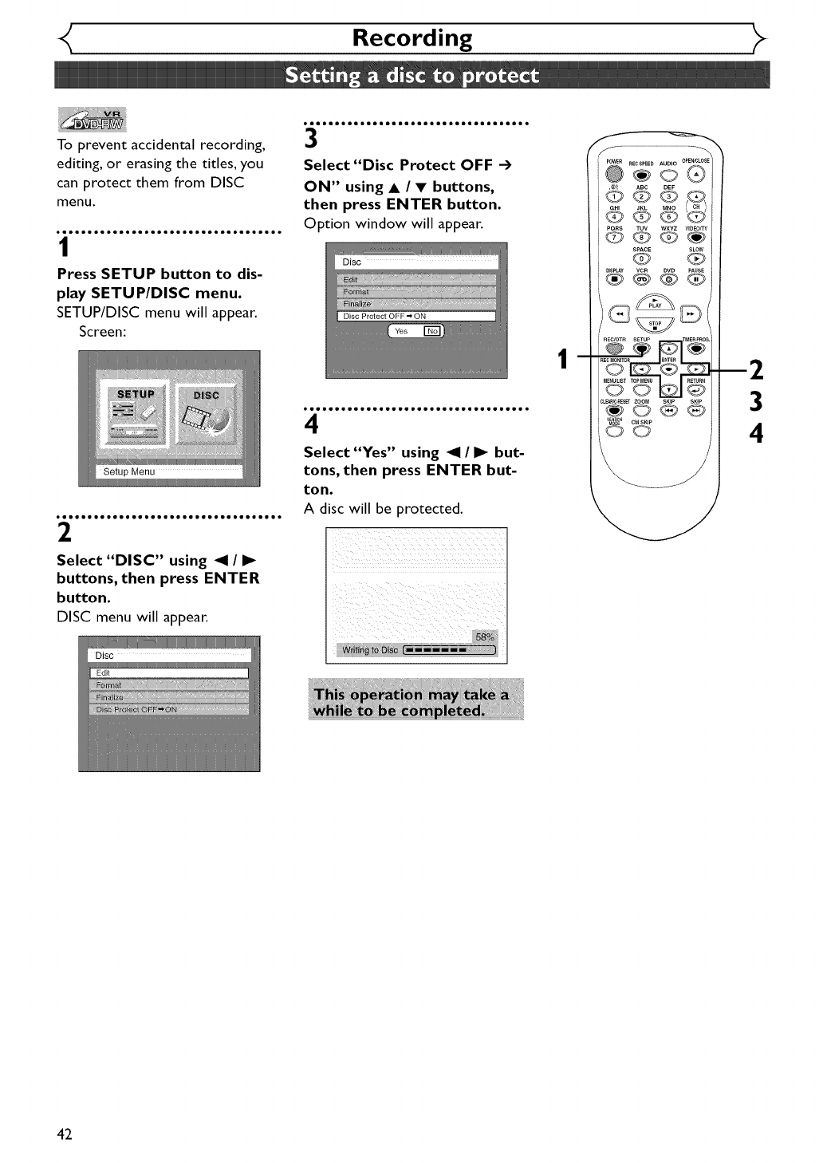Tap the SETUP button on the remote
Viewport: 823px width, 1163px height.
(640, 348)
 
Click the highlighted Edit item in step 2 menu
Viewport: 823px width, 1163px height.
(168, 672)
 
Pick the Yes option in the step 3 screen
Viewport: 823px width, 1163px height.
(401, 331)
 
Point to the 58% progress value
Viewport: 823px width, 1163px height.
(485, 637)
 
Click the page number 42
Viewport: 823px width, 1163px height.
(65, 1134)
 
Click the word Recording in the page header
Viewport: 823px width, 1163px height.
(411, 38)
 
